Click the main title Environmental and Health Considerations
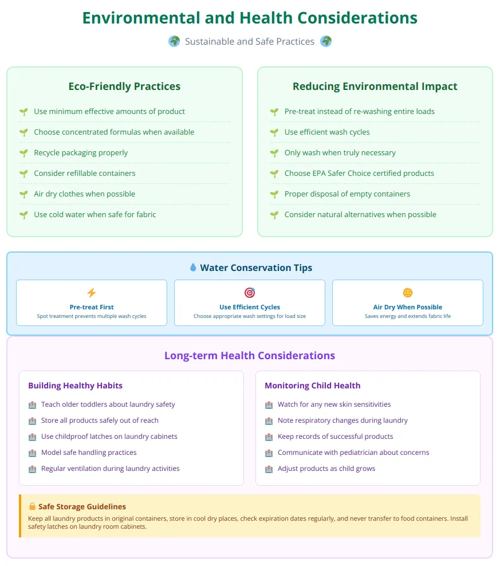coord(250,17)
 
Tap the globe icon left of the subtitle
coord(174,41)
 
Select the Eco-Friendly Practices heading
coord(124,87)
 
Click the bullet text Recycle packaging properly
coord(81,153)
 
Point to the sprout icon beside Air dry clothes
coord(23,194)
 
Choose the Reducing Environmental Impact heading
coord(375,87)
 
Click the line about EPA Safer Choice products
coord(359,174)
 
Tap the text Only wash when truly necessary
coord(340,153)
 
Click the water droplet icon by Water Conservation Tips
coord(192,268)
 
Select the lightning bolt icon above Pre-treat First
coord(92,293)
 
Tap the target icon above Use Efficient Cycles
coord(250,293)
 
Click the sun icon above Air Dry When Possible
coord(408,293)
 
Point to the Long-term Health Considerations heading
coord(250,356)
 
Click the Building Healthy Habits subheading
coord(75,386)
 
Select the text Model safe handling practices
coord(89,453)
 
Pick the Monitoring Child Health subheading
coord(312,386)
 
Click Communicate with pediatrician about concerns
coord(353,453)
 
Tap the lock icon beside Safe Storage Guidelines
coord(32,506)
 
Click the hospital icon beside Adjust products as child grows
coord(269,469)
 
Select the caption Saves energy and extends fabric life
coord(408,316)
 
